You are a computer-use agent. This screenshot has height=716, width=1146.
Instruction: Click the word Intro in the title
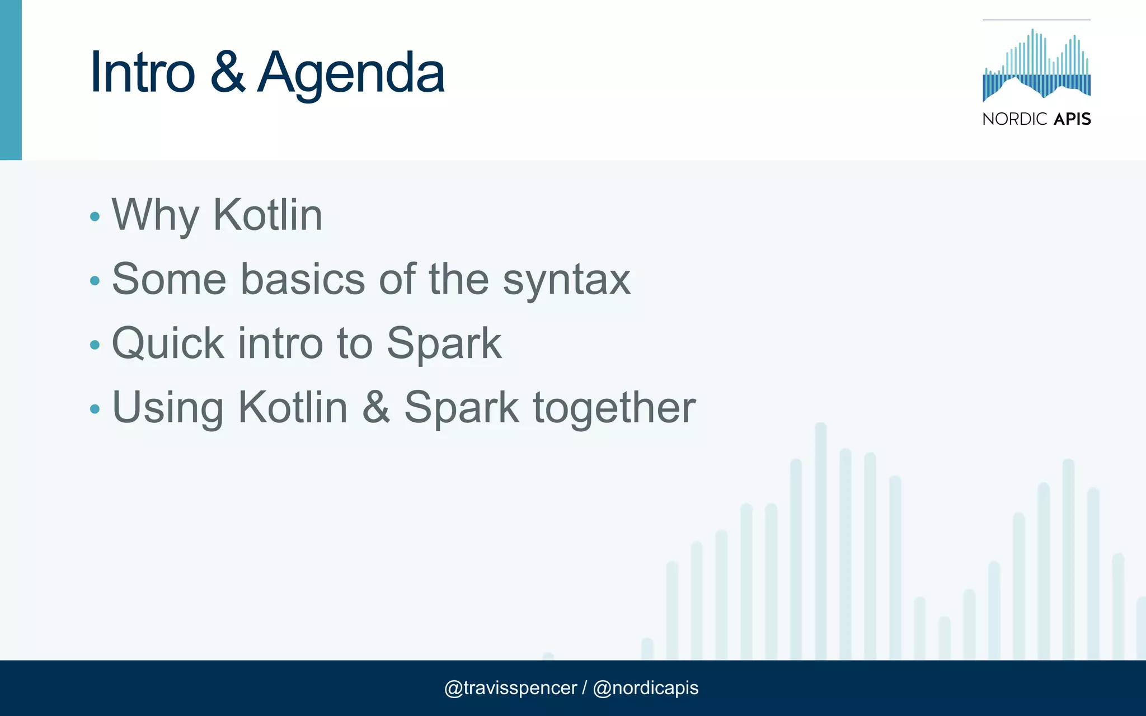pos(142,73)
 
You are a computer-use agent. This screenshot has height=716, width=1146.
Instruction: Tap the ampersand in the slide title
pos(227,73)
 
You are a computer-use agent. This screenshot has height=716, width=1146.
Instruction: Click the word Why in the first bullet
pos(156,215)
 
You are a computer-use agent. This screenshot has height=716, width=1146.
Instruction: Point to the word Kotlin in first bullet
pos(267,215)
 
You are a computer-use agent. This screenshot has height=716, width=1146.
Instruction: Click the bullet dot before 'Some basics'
pos(95,280)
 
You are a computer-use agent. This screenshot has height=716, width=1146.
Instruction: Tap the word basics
pos(303,279)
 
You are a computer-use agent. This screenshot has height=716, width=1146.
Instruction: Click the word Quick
pos(168,343)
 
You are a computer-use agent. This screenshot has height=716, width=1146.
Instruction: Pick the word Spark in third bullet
pos(444,343)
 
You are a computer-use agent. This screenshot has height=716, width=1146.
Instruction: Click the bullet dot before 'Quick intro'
pos(95,345)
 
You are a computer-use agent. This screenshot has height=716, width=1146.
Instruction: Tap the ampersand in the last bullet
pos(375,407)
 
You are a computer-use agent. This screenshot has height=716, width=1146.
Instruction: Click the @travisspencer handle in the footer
pos(510,688)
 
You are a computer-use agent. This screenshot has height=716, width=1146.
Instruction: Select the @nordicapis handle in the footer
pos(645,688)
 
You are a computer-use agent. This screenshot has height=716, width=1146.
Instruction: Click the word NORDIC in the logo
pos(1015,119)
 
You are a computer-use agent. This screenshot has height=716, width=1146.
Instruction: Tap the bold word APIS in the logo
pos(1072,119)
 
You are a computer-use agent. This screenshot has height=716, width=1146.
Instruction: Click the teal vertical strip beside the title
pos(11,80)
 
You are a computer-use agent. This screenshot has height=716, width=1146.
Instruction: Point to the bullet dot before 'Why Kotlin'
pos(95,216)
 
